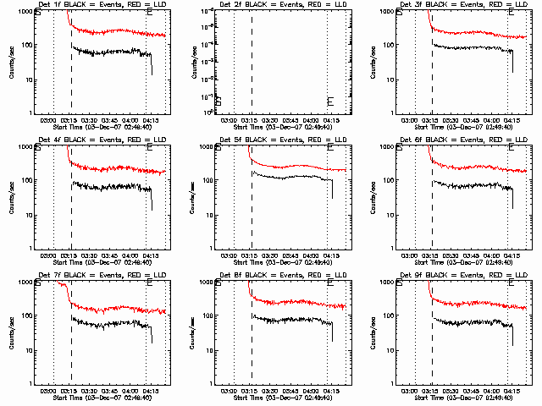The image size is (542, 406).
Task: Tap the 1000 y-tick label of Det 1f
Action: click(x=25, y=12)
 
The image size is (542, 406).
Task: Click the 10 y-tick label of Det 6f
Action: click(x=391, y=215)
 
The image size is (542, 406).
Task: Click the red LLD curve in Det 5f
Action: click(x=288, y=167)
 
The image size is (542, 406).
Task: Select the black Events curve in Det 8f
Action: click(x=288, y=319)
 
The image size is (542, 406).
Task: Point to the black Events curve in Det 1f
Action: click(x=110, y=52)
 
